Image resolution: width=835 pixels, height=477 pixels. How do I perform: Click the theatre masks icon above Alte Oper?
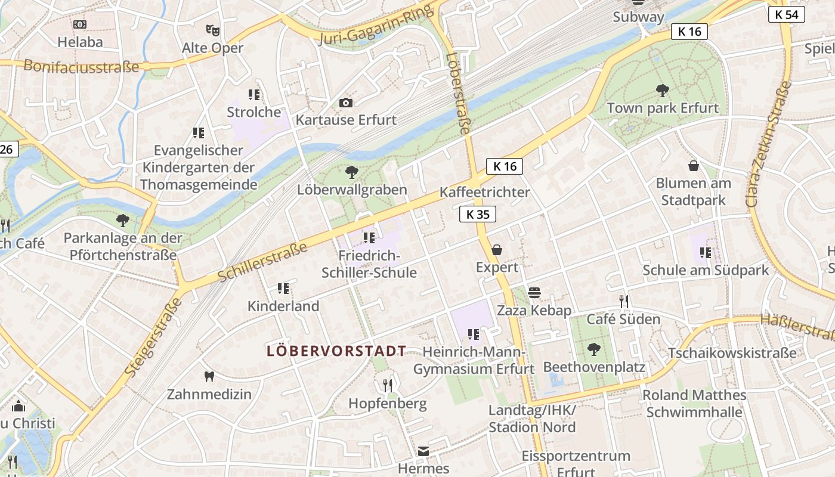pos(212,29)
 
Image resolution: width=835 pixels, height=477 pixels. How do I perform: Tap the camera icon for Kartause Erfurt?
pos(346,103)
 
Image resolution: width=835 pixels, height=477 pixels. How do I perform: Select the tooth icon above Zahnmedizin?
pos(209,376)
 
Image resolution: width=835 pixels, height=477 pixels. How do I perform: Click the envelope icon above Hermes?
pos(423,451)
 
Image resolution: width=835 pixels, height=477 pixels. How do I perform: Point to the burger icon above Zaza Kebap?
pos(534,292)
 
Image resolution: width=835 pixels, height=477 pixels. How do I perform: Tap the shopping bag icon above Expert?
pos(497,249)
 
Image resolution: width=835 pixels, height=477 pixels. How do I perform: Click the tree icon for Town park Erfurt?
pos(662,91)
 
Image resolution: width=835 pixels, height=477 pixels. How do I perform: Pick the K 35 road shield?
pos(478,215)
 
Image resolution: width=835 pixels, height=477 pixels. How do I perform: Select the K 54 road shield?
pos(787,14)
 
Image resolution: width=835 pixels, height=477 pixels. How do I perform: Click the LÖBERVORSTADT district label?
pos(336,351)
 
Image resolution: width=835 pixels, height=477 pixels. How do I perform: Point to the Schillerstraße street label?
pos(263,262)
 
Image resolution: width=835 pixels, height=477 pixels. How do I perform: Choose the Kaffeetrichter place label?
pos(484,192)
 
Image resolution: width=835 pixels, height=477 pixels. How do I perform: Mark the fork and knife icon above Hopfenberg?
pos(388,386)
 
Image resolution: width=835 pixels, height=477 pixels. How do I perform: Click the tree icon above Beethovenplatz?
pos(593,349)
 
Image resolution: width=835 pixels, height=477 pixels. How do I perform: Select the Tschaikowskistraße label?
pos(731,352)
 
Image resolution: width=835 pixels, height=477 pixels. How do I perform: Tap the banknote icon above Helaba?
pos(80,24)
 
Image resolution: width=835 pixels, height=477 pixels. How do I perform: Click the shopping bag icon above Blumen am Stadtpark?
pos(693,165)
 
